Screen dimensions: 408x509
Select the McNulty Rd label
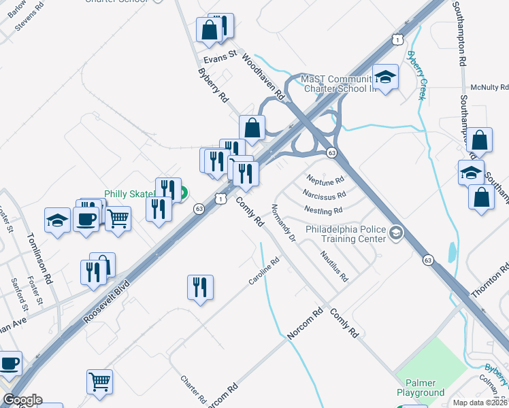tap(489, 88)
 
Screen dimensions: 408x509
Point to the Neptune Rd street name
tap(325, 181)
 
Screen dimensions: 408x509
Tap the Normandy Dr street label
tap(284, 223)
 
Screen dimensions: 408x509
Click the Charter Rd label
tap(193, 388)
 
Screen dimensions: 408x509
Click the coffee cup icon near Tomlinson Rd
tap(86, 220)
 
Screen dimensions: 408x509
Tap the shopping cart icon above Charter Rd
tap(99, 381)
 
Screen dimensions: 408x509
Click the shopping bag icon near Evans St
tap(209, 29)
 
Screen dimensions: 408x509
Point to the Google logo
tap(22, 400)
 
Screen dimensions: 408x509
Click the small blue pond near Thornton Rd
tap(451, 253)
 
